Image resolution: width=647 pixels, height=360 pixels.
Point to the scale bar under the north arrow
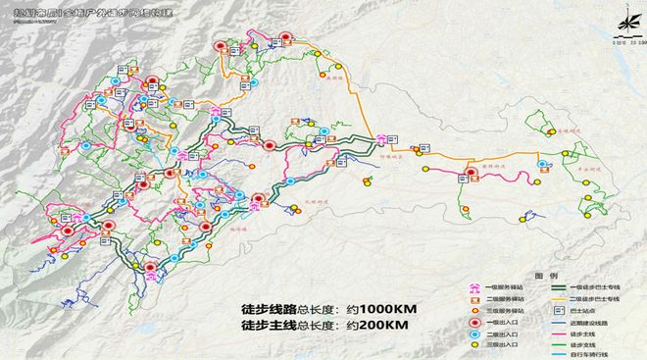click(x=623, y=42)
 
